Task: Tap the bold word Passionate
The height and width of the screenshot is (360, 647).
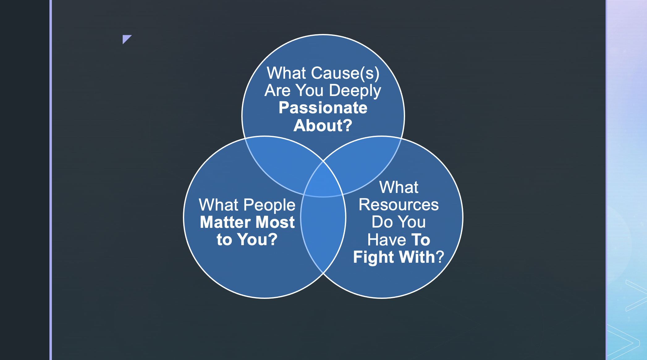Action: (x=323, y=108)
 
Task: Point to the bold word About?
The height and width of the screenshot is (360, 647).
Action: (x=323, y=126)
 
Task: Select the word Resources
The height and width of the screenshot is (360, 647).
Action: (x=399, y=205)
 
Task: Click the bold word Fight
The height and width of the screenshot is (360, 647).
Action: (x=374, y=257)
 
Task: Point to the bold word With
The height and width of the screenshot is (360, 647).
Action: (x=417, y=257)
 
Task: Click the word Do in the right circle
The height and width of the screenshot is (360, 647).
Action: (x=382, y=222)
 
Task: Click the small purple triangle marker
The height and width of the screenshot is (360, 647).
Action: (x=126, y=39)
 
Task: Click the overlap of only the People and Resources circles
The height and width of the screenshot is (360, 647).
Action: (x=323, y=235)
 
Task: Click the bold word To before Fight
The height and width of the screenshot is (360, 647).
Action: (x=421, y=240)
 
